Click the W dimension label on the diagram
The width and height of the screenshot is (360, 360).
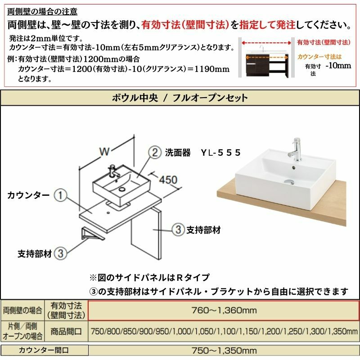coord(104,151)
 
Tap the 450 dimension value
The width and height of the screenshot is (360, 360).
coord(168,180)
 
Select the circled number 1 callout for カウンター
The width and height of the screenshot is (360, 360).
coord(60,195)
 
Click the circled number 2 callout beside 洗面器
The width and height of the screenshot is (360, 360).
coord(155,153)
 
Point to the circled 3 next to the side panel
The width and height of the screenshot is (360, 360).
coord(178,229)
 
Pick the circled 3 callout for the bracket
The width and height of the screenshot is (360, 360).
coord(60,253)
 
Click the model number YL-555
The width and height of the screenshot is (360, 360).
coord(220,153)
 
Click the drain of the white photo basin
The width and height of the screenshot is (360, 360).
coord(289,182)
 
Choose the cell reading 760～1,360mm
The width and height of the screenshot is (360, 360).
coord(224,310)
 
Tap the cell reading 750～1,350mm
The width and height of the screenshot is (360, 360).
coord(224,351)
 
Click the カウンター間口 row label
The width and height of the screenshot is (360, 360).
coord(44,350)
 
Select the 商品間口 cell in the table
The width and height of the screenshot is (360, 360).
coord(66,331)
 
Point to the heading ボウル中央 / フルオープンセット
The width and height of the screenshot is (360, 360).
coord(180,98)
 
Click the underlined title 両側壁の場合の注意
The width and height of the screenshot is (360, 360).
coord(42,12)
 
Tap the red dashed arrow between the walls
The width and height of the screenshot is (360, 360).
coord(266,43)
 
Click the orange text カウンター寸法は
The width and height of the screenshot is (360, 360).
coord(319,57)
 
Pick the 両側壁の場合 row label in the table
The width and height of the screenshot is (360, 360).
coord(22,310)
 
